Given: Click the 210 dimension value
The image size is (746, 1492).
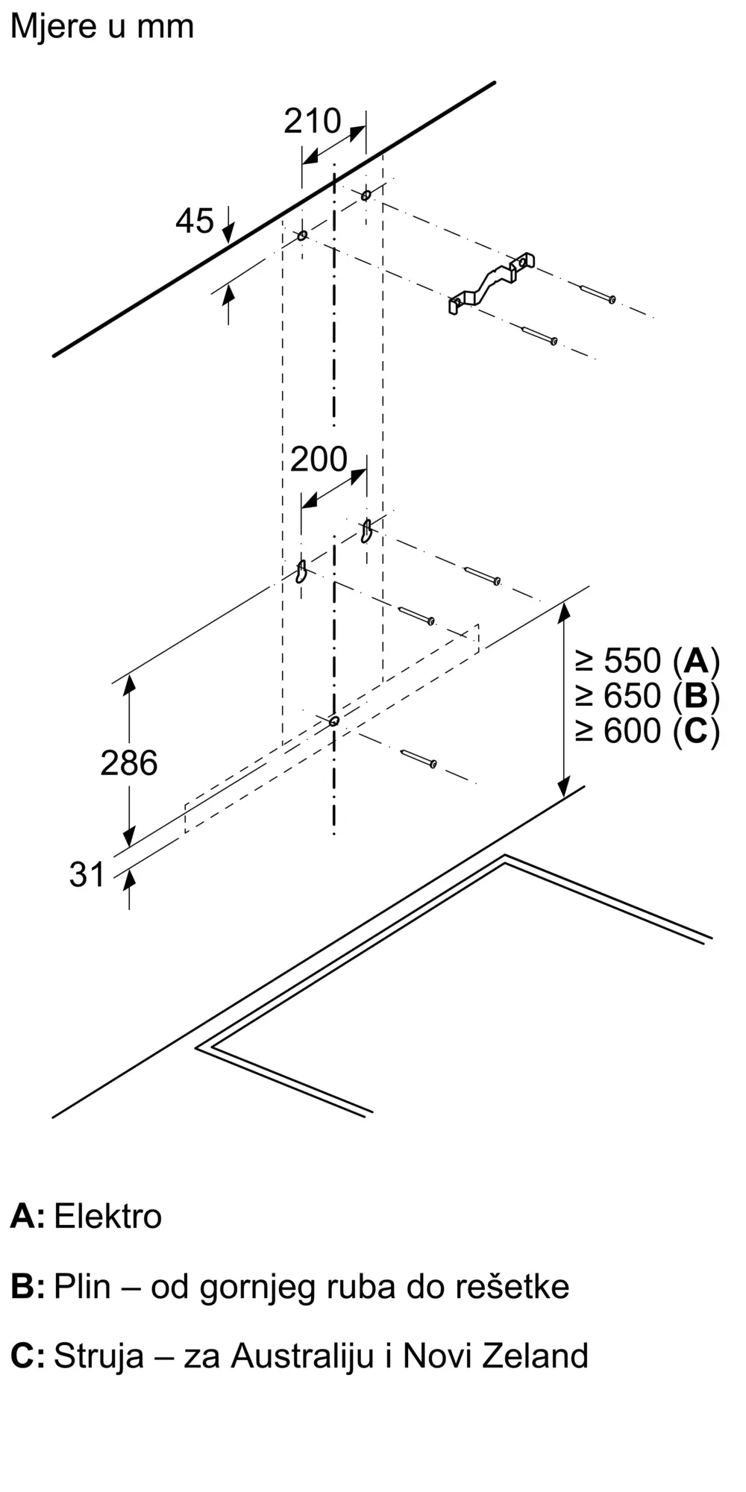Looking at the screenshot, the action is coord(312,122).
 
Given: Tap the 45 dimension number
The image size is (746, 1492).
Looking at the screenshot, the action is coord(195,221).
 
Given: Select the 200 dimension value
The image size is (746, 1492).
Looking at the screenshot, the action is coord(319,460).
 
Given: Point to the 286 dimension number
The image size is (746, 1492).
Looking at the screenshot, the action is coord(129,763).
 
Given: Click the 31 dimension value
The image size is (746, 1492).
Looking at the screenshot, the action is coord(87,874).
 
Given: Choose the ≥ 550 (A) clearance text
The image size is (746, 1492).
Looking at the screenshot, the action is coord(647,661).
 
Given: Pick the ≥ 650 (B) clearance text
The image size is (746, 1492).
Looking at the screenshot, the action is coord(647,696).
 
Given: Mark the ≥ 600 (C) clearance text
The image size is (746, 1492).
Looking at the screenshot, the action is coord(647,730).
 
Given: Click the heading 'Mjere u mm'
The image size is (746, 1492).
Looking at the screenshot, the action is coord(102,27).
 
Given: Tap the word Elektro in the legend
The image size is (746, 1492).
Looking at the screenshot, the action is coord(108,1216).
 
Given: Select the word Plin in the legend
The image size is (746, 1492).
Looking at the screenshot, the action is coord(82,1286).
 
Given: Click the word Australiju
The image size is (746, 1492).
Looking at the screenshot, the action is coord(302,1355).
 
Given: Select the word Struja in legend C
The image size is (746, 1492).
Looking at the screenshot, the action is coord(98,1355).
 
